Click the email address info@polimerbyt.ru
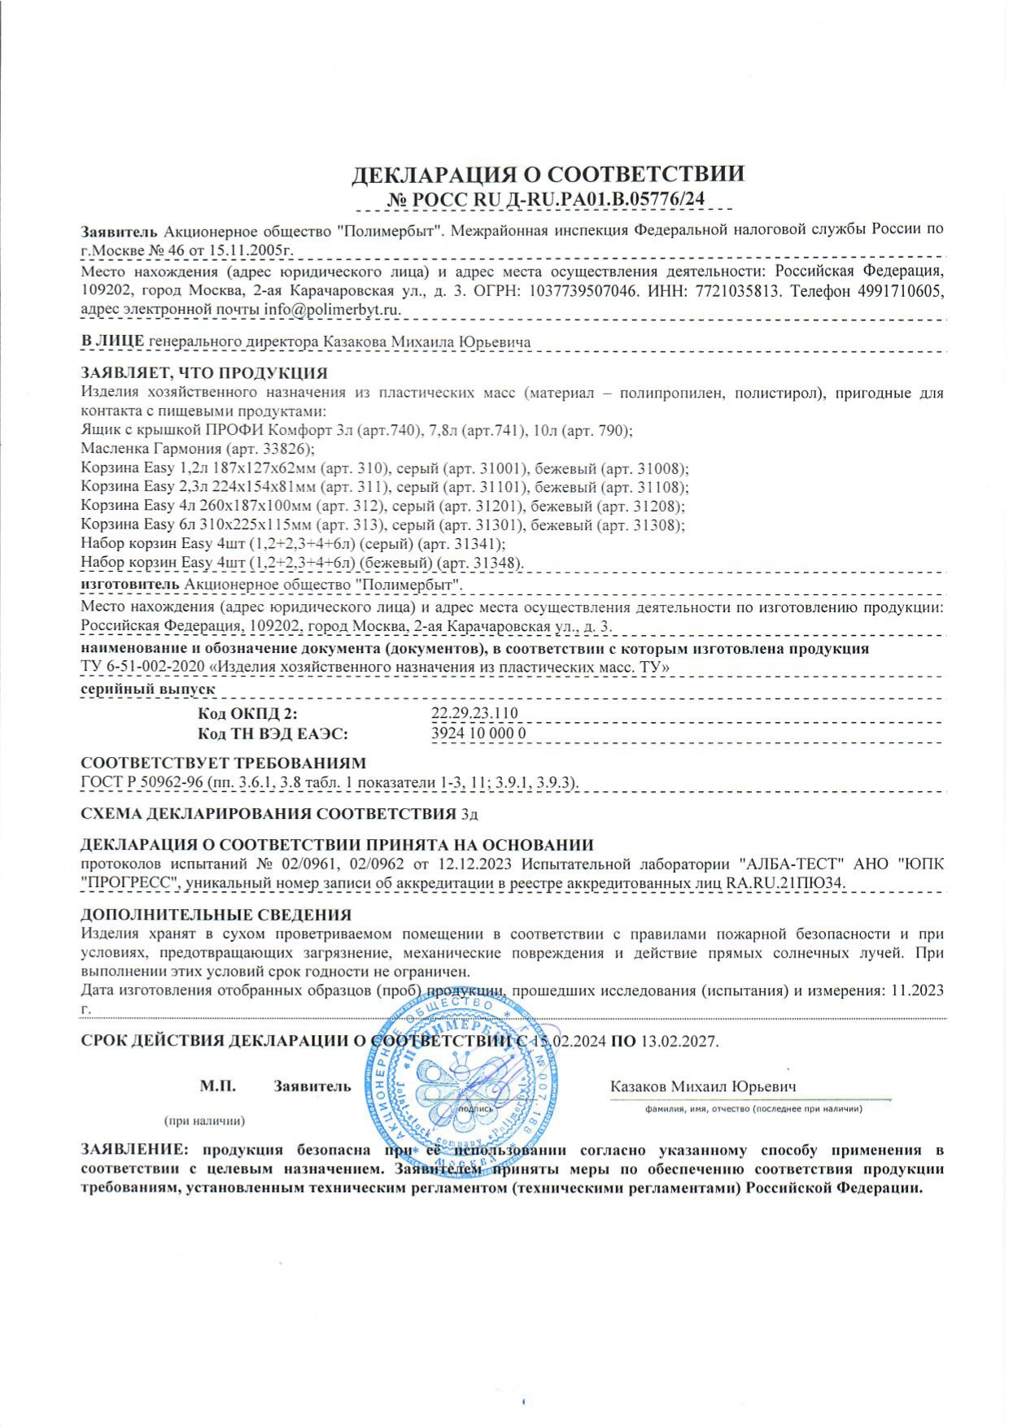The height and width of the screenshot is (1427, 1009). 332,310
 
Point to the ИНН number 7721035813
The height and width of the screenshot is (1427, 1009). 715,290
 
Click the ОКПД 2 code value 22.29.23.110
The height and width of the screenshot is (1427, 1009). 474,714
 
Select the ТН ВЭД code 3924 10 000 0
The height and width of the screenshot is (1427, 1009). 478,733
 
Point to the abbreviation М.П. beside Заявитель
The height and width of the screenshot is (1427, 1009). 217,1086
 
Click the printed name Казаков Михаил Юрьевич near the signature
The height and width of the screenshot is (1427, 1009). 703,1086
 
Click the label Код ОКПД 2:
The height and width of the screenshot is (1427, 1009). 247,714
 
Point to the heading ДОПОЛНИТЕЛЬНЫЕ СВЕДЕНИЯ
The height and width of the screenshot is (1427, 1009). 216,916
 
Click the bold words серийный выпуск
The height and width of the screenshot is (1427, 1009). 147,689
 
